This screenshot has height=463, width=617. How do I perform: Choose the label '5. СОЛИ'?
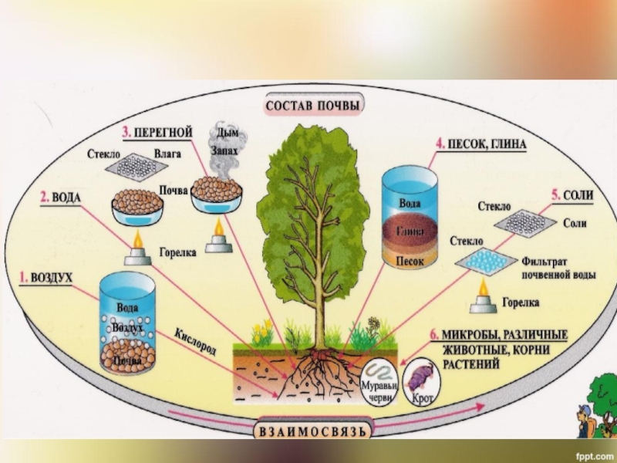click(x=571, y=195)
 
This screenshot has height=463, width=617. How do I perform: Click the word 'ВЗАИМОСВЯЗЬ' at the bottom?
click(x=313, y=428)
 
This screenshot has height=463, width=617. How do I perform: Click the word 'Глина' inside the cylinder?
click(x=409, y=231)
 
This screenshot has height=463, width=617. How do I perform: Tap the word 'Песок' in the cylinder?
click(x=408, y=262)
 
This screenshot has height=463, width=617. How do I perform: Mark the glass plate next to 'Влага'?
click(x=138, y=164)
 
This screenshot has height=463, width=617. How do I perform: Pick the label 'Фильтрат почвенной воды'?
click(x=555, y=269)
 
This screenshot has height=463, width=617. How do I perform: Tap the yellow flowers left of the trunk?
click(x=262, y=333)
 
